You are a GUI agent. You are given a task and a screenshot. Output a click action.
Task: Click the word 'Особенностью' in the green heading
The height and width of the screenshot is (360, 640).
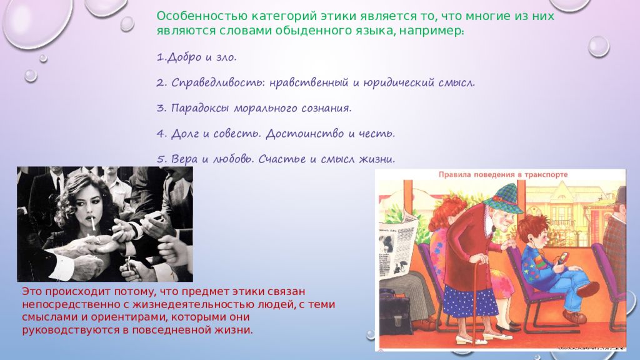(x=202, y=16)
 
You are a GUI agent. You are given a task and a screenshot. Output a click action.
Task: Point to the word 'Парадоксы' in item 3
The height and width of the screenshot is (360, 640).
(x=200, y=109)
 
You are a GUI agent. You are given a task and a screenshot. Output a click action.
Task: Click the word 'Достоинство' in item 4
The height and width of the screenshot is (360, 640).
(x=305, y=134)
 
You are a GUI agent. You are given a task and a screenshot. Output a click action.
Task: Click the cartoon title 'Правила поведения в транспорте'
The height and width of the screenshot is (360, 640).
(x=503, y=175)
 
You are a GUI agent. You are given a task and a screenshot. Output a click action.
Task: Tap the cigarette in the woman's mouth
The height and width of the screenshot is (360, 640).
(x=93, y=223)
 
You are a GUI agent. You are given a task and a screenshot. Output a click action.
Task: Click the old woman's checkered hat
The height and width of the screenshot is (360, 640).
(x=503, y=199)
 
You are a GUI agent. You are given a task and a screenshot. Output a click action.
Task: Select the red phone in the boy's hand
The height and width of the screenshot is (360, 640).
(x=561, y=259)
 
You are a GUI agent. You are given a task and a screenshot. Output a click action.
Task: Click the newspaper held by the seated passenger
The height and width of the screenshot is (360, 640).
(x=397, y=247)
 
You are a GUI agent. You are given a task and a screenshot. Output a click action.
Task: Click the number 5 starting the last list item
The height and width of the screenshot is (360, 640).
(x=161, y=159)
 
